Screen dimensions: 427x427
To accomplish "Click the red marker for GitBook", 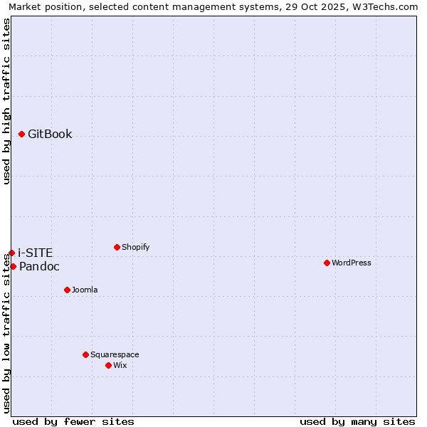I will pyautogui.click(x=22, y=134).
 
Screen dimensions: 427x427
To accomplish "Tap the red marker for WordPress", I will pyautogui.click(x=327, y=263).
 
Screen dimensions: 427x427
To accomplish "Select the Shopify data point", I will pyautogui.click(x=117, y=247).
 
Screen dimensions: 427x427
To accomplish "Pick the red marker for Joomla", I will pyautogui.click(x=67, y=290).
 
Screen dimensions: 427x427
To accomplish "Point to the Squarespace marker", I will pyautogui.click(x=85, y=354).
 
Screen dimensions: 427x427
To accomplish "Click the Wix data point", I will pyautogui.click(x=108, y=365).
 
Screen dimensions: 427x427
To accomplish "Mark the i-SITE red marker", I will pyautogui.click(x=11, y=253).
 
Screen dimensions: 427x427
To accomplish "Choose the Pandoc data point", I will pyautogui.click(x=13, y=266).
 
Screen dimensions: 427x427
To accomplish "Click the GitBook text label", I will pyautogui.click(x=50, y=134).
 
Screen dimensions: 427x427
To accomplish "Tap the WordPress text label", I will pyautogui.click(x=352, y=263).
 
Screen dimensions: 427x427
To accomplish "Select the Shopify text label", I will pyautogui.click(x=136, y=247).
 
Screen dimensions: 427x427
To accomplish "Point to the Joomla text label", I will pyautogui.click(x=85, y=290).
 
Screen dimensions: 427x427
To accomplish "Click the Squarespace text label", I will pyautogui.click(x=115, y=354).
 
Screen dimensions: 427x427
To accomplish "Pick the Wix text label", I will pyautogui.click(x=120, y=365).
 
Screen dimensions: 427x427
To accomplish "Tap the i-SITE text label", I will pyautogui.click(x=35, y=253).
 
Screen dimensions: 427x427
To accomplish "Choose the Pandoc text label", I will pyautogui.click(x=39, y=266).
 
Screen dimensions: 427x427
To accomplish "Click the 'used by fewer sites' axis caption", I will pyautogui.click(x=73, y=421).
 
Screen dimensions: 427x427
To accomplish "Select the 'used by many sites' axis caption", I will pyautogui.click(x=357, y=421).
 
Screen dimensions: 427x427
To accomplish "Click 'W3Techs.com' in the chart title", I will pyautogui.click(x=387, y=6).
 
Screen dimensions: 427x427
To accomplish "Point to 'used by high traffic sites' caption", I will pyautogui.click(x=6, y=101).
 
